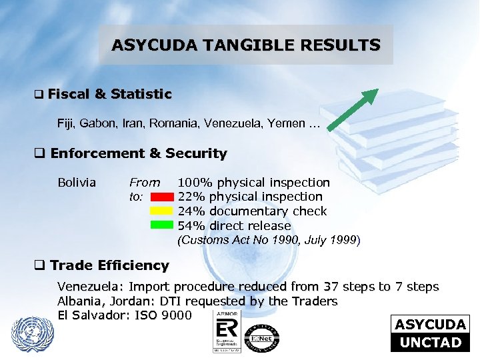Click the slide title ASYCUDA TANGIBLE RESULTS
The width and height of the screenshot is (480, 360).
click(x=246, y=45)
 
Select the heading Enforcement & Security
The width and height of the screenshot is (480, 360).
click(x=138, y=153)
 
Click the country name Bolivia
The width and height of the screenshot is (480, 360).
click(x=77, y=182)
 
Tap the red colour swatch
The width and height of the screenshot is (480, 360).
click(x=161, y=197)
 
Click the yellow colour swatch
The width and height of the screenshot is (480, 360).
click(x=161, y=211)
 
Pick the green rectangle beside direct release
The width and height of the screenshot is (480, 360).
click(x=161, y=225)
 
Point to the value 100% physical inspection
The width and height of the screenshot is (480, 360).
click(x=253, y=182)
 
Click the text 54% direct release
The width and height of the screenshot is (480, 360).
click(x=234, y=226)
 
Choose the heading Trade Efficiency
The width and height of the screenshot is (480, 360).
click(x=109, y=265)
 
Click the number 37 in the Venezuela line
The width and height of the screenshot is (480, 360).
click(x=331, y=287)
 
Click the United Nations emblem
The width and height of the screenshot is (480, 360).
click(x=31, y=332)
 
